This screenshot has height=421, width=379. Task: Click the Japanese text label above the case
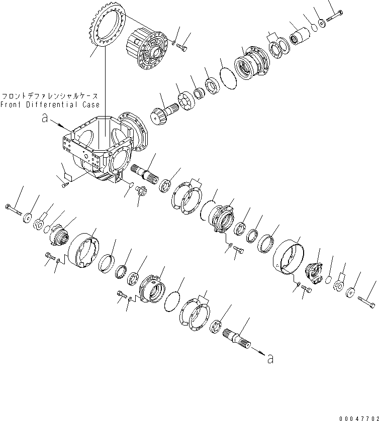(x=50, y=95)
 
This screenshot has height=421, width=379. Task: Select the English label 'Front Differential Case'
(x=50, y=104)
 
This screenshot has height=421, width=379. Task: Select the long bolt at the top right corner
(x=334, y=18)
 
